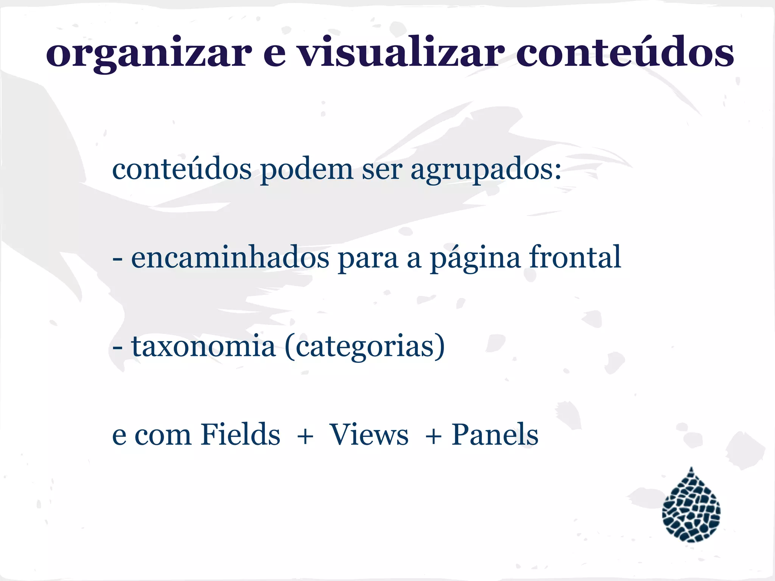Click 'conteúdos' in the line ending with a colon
pos(182,169)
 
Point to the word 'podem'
pos(307,169)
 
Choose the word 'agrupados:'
pos(486,170)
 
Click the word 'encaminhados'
pos(230,257)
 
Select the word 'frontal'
pos(575,257)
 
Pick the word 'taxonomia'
pos(203,346)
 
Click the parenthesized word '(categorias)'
pos(365,346)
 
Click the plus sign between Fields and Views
pos(305,436)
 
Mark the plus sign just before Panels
pos(433,436)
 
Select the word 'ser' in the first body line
pos(382,169)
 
